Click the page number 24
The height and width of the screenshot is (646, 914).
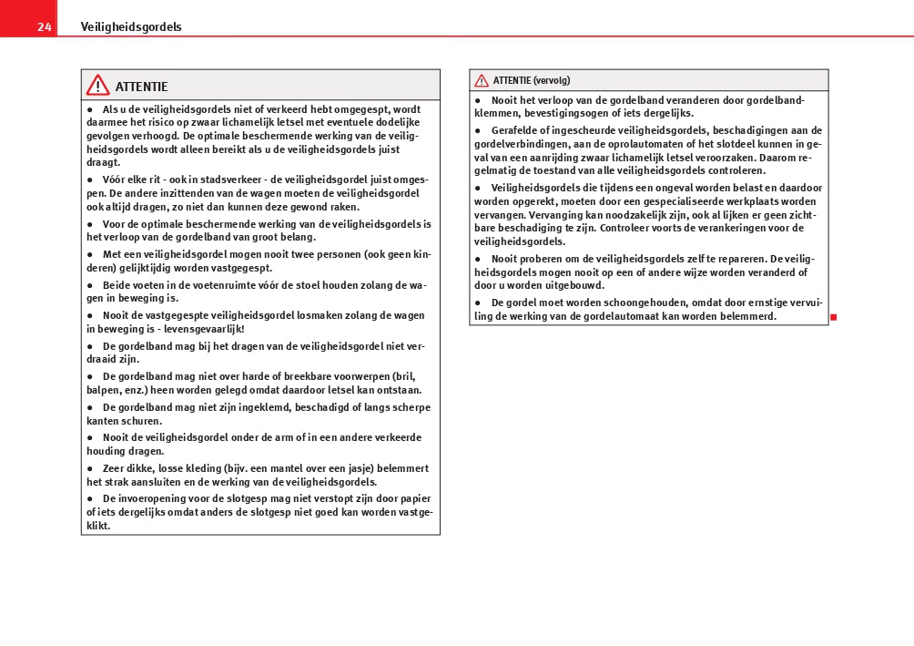[44, 27]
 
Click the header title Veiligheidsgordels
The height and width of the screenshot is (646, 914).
[131, 27]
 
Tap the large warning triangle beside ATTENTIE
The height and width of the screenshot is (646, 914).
[97, 86]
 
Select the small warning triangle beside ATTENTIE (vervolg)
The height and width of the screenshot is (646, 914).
[482, 80]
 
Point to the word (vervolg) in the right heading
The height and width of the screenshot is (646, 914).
[552, 80]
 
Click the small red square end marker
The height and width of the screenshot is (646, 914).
[833, 316]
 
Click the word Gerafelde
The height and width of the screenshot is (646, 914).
[520, 130]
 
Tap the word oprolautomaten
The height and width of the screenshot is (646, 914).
[649, 144]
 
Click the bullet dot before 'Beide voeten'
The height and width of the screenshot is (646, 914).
[89, 285]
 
